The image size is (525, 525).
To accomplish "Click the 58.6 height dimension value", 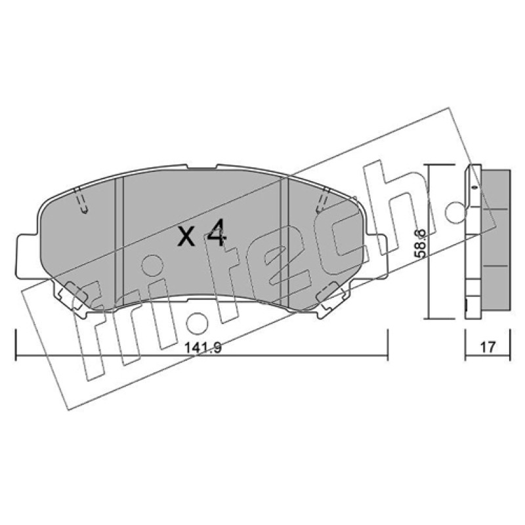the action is click(421, 243).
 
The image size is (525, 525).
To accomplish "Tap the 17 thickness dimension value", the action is click(488, 347).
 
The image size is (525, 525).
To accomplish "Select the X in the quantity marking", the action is click(186, 237).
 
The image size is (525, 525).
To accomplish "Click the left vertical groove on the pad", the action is click(119, 241).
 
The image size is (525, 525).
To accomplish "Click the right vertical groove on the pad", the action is click(283, 241).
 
